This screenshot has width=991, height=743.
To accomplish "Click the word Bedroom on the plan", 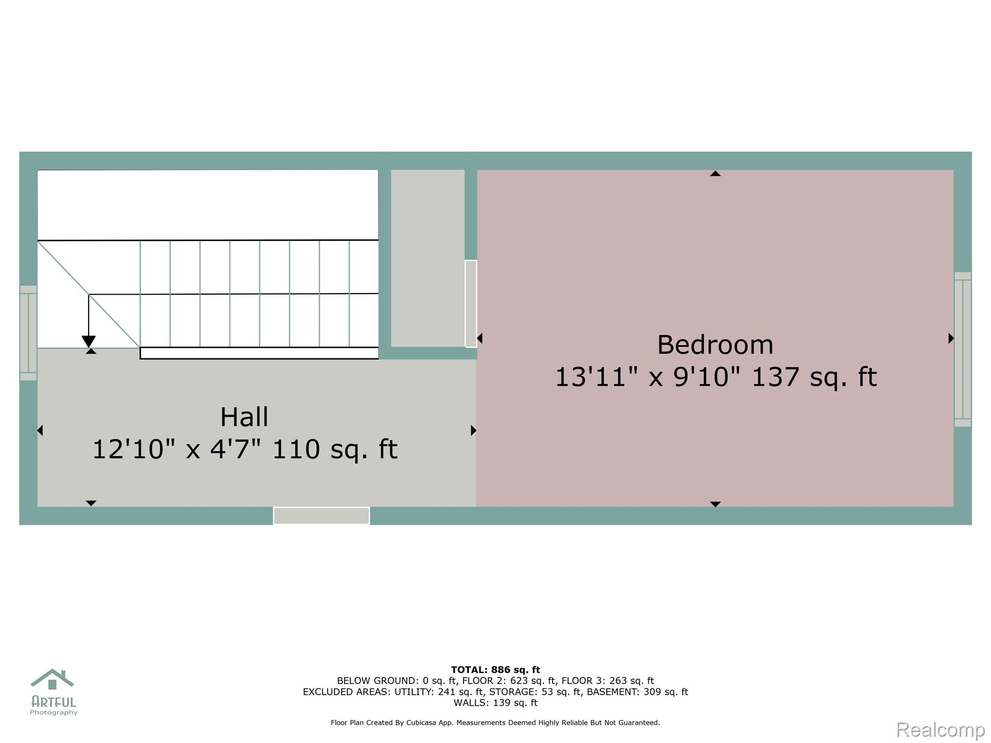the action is point(715,345).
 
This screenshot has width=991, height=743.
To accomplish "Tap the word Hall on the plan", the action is point(244,417).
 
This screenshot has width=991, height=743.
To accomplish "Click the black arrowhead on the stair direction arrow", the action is point(89,342).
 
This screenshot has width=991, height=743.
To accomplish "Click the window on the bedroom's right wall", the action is point(962,349).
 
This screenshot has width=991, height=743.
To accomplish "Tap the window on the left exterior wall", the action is point(28,333).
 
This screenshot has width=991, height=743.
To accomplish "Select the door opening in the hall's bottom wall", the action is point(321,516).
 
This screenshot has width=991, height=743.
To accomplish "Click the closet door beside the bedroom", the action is point(471,304).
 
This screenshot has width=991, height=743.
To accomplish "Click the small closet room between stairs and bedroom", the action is point(428,258).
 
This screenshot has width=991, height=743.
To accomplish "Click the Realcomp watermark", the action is point(940,729).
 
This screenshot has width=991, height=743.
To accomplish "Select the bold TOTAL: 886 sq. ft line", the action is point(495,670).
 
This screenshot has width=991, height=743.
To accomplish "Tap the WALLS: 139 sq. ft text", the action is point(495,703).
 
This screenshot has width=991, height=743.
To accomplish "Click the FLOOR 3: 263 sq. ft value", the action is point(608,681).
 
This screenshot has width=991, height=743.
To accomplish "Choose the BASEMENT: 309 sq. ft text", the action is point(637,692).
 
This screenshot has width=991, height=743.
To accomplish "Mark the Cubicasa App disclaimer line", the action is point(495,723).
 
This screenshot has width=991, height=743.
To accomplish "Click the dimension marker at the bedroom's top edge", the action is point(715,173).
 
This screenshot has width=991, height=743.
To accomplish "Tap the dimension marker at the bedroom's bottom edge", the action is point(715,504).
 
